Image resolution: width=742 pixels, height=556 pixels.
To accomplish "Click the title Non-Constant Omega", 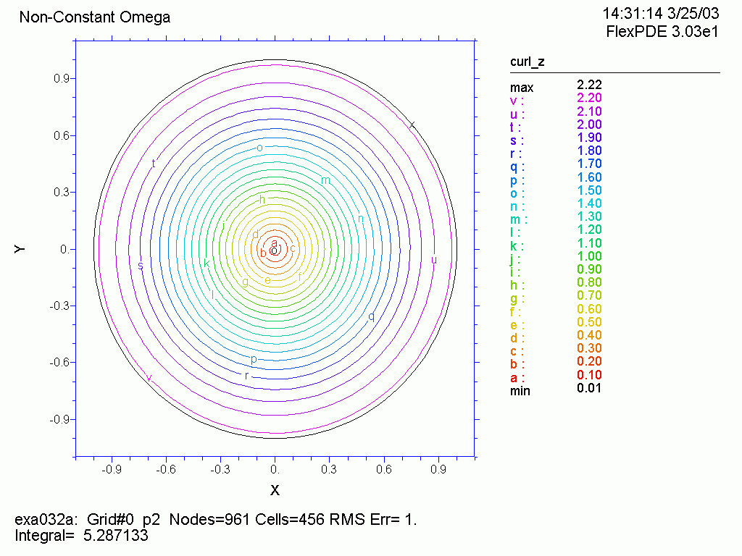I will (x=95, y=17).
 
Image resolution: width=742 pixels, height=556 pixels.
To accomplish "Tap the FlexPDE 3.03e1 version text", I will (x=662, y=32).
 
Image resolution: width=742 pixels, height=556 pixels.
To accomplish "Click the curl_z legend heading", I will (x=528, y=62).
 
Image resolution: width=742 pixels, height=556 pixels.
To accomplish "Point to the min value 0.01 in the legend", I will (x=589, y=388).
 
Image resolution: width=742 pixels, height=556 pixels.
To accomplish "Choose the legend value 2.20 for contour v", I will (x=589, y=98).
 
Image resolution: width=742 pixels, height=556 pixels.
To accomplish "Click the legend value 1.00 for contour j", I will (x=589, y=256).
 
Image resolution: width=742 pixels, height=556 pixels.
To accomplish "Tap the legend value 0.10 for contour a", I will (x=589, y=375).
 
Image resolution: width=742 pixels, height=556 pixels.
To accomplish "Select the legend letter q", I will (x=513, y=164).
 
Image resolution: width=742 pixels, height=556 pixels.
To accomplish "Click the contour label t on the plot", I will (x=154, y=164).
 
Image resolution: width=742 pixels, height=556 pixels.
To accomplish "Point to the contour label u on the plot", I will (x=434, y=260).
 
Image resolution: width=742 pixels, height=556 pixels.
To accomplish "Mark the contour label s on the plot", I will (x=141, y=266).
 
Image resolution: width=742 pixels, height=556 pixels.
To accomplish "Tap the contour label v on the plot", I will (x=149, y=378).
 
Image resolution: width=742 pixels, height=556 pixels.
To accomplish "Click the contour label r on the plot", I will (x=247, y=376).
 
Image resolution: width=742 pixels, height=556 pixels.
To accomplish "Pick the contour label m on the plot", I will (x=325, y=180).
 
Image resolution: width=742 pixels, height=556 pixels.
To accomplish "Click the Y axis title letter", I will (x=20, y=249).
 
